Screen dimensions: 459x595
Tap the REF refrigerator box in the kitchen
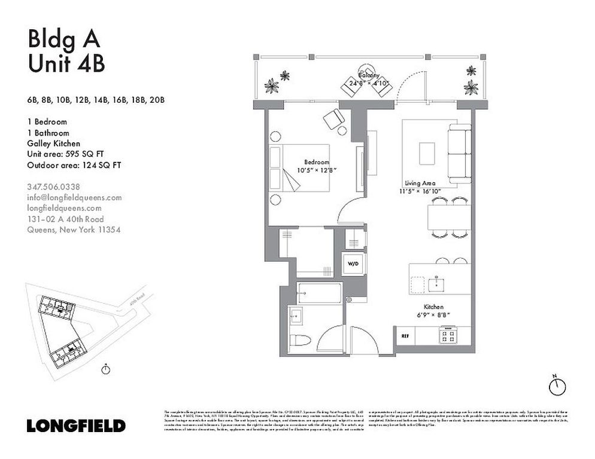pos(405,336)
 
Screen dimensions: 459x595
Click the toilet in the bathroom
pos(299,341)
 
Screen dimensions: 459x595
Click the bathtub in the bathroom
pos(320,293)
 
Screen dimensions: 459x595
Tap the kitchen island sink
pos(439,282)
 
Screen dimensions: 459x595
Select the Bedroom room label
pos(317,162)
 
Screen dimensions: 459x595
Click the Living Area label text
pos(420,183)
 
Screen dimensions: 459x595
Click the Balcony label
pos(369,75)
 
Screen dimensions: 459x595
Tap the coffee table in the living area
pos(428,152)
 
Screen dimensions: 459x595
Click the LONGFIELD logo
pos(76,426)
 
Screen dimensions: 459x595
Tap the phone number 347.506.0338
pos(54,186)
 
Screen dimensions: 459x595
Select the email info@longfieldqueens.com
pos(74,197)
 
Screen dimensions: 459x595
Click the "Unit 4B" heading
pos(66,63)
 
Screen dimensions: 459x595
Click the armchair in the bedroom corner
pos(333,119)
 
